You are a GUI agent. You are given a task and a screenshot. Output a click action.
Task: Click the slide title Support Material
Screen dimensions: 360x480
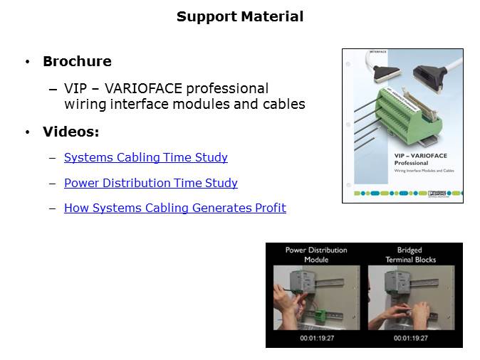tap(240, 16)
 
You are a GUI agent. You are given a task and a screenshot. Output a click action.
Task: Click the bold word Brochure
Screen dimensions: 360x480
tap(77, 61)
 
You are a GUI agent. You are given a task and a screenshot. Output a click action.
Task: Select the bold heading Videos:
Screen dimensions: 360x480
tap(71, 132)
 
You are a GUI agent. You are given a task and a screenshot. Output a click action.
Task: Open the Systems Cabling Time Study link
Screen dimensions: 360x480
tap(145, 157)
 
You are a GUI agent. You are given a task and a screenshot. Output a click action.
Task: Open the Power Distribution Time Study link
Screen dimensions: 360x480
tap(150, 183)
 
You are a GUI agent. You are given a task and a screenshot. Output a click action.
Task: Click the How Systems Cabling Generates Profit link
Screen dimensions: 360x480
tap(174, 208)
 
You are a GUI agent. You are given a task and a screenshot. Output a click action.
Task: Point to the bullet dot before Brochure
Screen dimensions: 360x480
tap(27, 62)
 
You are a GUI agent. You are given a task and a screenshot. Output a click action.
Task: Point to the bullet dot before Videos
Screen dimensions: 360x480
tap(27, 132)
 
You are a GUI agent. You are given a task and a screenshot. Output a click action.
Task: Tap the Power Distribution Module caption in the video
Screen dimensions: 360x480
tap(316, 255)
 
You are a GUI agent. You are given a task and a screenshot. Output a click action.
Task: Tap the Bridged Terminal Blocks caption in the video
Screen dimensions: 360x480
tap(409, 255)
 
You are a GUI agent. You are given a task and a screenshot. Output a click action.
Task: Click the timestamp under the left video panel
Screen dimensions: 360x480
tap(316, 338)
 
